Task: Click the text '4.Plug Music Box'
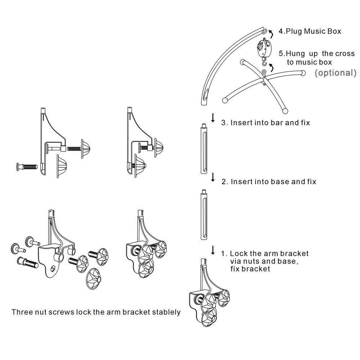pos(310,31)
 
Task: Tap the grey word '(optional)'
pos(336,73)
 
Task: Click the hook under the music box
pos(265,62)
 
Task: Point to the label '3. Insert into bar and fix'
pos(265,123)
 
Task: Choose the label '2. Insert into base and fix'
pos(269,181)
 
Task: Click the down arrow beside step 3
pos(213,118)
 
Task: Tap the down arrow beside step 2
pos(213,177)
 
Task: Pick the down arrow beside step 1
pos(213,250)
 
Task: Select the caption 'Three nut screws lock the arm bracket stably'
pos(96,312)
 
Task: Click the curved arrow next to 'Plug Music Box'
pos(271,33)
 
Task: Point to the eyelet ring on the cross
pos(264,72)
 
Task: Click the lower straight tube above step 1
pos(204,215)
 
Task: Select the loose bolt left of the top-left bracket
pos(27,167)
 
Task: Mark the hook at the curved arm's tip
pos(265,31)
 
